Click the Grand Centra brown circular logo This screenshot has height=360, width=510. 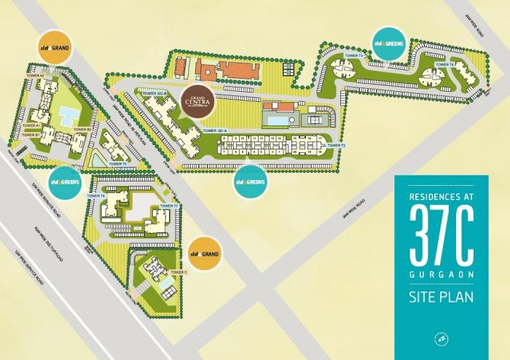point(200,101)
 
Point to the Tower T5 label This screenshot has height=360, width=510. point(119,164)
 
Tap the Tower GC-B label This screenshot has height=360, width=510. point(155,94)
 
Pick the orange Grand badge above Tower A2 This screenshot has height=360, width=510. point(57,47)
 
